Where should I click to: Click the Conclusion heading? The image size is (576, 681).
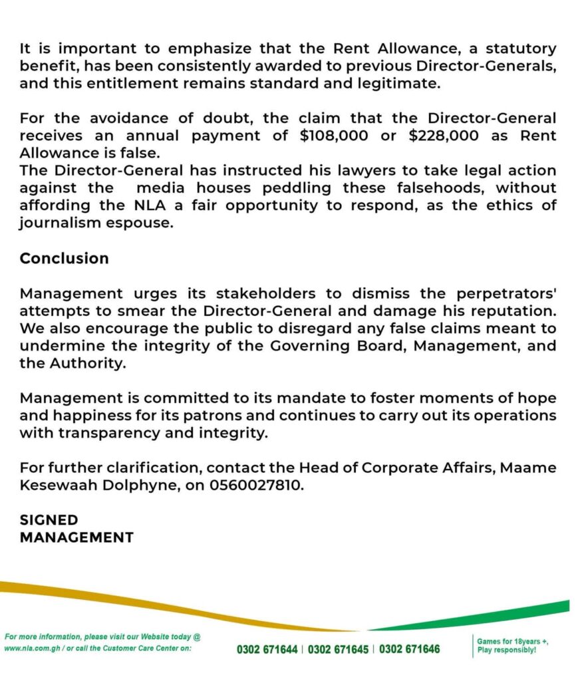coord(64,259)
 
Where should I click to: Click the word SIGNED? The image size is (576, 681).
coord(49,520)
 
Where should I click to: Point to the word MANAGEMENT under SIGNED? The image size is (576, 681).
coord(76,537)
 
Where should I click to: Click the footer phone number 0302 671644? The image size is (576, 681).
coord(267,649)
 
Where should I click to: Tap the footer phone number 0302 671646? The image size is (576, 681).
coord(410,649)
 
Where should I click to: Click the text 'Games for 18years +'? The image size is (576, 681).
coord(512,641)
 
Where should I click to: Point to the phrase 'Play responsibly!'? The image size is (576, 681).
coord(507,650)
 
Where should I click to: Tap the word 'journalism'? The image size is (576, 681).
coord(58,223)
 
